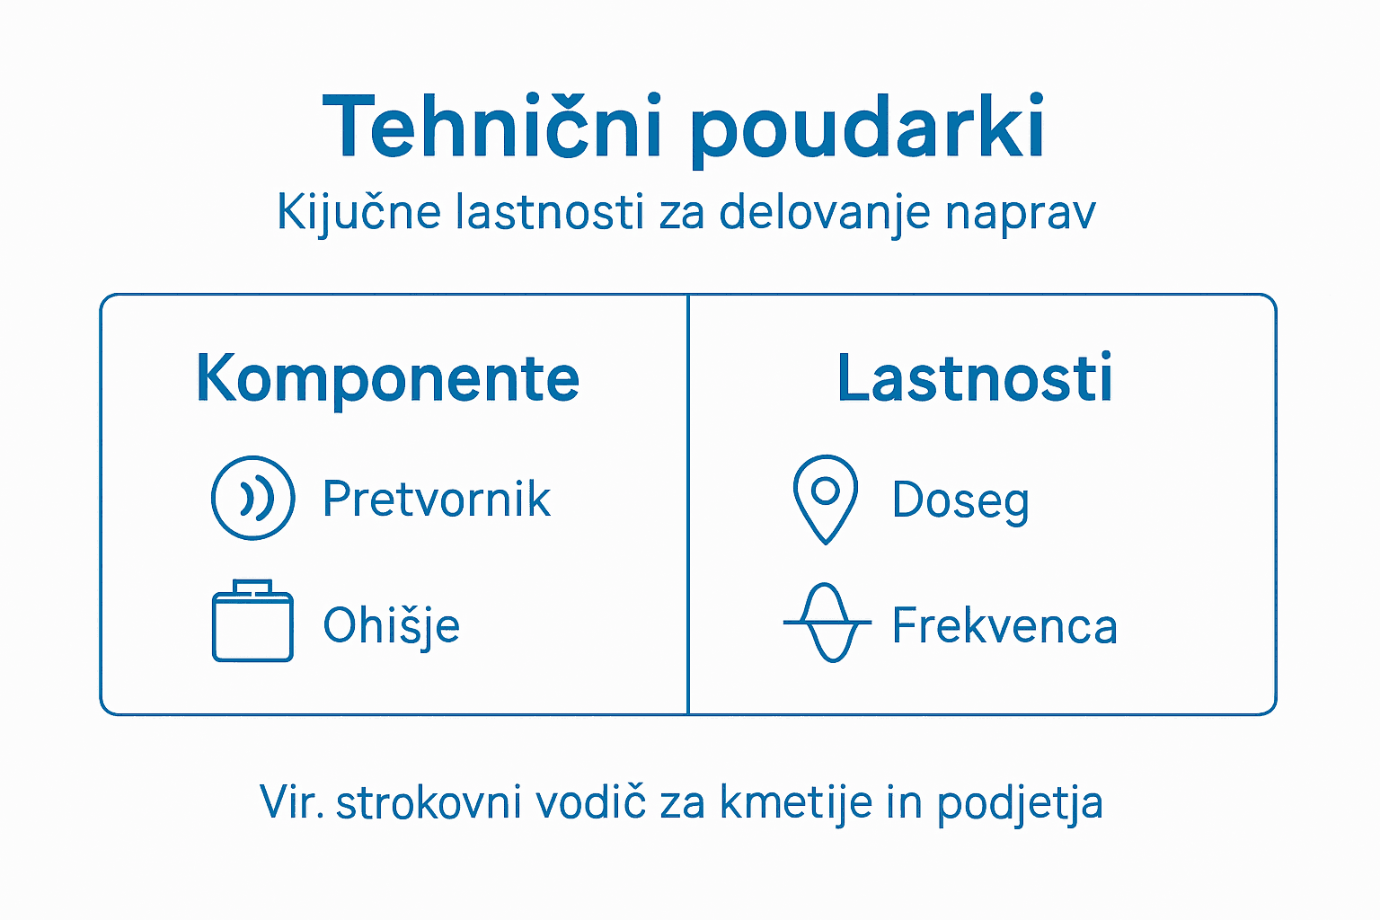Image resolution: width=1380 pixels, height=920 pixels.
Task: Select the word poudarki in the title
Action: click(x=867, y=128)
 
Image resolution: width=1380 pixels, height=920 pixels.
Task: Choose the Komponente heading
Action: click(x=387, y=379)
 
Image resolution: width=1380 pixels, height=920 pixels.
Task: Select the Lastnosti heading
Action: click(x=975, y=378)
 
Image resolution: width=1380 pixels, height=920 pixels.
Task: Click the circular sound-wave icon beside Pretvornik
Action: click(x=252, y=498)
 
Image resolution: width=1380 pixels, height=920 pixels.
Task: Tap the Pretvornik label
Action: click(x=437, y=499)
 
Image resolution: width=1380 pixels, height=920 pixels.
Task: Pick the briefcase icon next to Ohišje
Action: click(x=252, y=622)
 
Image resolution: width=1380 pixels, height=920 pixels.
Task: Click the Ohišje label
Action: click(x=392, y=625)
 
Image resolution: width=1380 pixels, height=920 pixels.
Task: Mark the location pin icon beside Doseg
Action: click(x=825, y=499)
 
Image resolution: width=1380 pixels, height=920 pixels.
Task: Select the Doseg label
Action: click(x=960, y=500)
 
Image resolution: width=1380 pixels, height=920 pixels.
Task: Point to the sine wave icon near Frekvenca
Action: click(x=827, y=623)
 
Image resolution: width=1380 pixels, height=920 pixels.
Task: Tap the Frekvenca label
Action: click(x=1004, y=625)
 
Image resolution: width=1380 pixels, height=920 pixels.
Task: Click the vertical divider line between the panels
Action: click(x=688, y=504)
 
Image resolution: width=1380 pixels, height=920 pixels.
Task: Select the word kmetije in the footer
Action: click(x=796, y=802)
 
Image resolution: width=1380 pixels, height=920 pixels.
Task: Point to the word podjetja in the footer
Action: click(x=1020, y=803)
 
